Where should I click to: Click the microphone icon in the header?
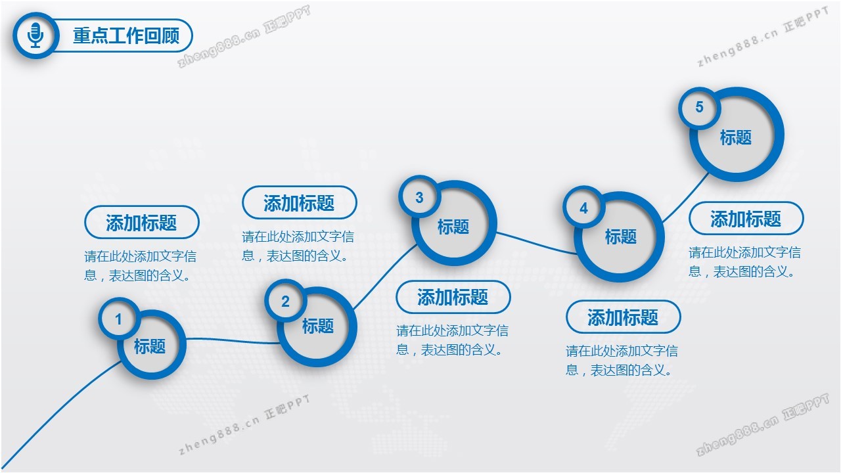click(x=35, y=35)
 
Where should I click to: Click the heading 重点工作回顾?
click(x=126, y=35)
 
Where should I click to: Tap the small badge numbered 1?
click(x=119, y=319)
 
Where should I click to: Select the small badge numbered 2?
click(x=285, y=301)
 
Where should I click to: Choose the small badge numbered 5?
click(x=699, y=107)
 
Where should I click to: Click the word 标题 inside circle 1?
click(x=150, y=346)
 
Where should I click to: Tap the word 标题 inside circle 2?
click(x=318, y=326)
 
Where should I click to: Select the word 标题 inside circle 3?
click(x=453, y=227)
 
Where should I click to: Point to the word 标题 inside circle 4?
click(x=621, y=237)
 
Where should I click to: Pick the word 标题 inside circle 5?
click(x=735, y=137)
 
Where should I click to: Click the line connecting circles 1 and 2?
click(x=233, y=341)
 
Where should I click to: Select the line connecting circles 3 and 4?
click(x=536, y=244)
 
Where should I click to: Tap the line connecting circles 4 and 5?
click(x=685, y=197)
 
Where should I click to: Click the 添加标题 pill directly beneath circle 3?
click(x=453, y=297)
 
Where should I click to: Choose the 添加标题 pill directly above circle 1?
click(x=141, y=222)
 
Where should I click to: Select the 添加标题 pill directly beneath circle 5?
click(x=746, y=219)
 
